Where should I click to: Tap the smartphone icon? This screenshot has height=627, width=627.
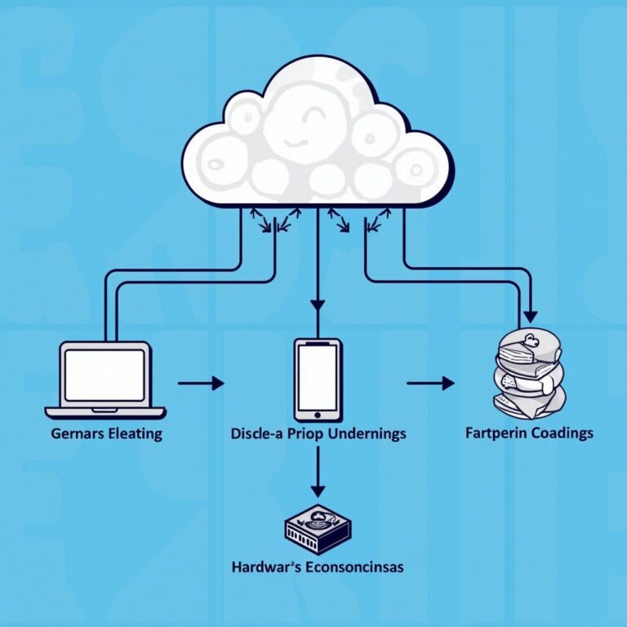pyautogui.click(x=318, y=378)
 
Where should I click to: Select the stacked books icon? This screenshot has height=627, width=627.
pyautogui.click(x=530, y=372)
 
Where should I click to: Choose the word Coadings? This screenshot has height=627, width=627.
pyautogui.click(x=561, y=433)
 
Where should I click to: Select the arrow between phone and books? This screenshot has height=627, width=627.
pyautogui.click(x=430, y=382)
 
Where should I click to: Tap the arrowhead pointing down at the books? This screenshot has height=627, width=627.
pyautogui.click(x=531, y=315)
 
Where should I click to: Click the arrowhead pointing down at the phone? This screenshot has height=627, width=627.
pyautogui.click(x=318, y=305)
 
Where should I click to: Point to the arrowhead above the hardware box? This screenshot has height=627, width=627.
pyautogui.click(x=318, y=490)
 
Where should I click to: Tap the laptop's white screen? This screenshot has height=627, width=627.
pyautogui.click(x=104, y=375)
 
